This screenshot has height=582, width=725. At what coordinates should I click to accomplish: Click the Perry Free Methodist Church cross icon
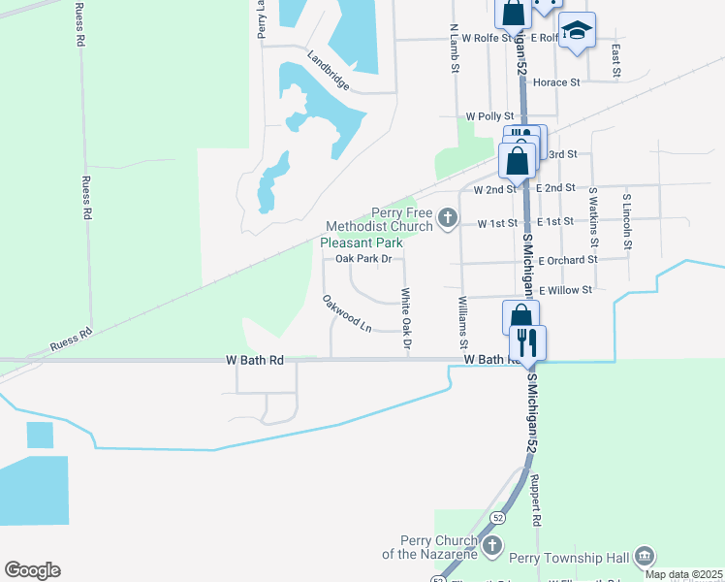pyautogui.click(x=448, y=218)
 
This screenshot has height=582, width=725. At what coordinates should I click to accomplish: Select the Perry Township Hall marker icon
pyautogui.click(x=645, y=556)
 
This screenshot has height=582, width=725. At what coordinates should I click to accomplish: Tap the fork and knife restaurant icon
pyautogui.click(x=528, y=343)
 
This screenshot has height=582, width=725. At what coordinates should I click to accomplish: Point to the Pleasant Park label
pyautogui.click(x=362, y=242)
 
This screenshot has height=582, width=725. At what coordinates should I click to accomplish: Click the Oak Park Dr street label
pyautogui.click(x=363, y=259)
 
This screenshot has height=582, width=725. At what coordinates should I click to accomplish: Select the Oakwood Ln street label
pyautogui.click(x=348, y=313)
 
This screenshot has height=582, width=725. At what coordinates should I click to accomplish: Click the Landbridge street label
pyautogui.click(x=329, y=71)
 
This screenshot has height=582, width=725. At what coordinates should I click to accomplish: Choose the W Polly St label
pyautogui.click(x=489, y=115)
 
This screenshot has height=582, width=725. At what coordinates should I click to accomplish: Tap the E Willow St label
pyautogui.click(x=565, y=290)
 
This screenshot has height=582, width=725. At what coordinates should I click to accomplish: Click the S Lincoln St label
pyautogui.click(x=628, y=222)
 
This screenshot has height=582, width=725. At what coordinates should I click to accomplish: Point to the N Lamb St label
pyautogui.click(x=454, y=46)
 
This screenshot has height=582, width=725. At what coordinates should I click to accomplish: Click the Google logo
pyautogui.click(x=32, y=570)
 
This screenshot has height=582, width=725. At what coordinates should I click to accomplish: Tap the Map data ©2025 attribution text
pyautogui.click(x=684, y=574)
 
